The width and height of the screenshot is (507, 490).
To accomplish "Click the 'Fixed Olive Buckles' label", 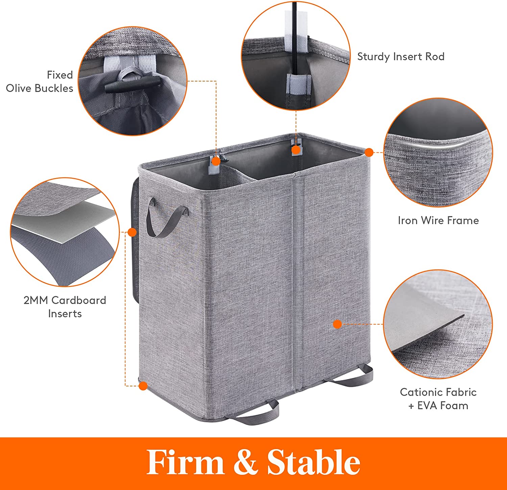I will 40,81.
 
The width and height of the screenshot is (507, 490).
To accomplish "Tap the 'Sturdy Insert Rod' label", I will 401,56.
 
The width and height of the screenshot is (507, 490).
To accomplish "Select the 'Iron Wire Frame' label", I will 438,220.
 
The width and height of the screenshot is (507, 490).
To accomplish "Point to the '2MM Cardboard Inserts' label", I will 65,307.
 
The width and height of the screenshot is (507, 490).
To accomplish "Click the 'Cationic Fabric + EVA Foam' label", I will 438,399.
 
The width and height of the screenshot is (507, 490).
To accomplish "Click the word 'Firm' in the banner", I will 186,462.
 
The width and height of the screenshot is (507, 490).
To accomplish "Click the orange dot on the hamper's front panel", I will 337,324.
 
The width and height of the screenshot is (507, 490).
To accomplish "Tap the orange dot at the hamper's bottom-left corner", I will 143,386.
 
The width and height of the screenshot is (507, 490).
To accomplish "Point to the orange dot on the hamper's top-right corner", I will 369,153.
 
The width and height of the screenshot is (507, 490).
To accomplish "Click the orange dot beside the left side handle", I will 132,232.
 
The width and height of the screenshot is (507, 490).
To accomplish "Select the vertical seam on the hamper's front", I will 297,281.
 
